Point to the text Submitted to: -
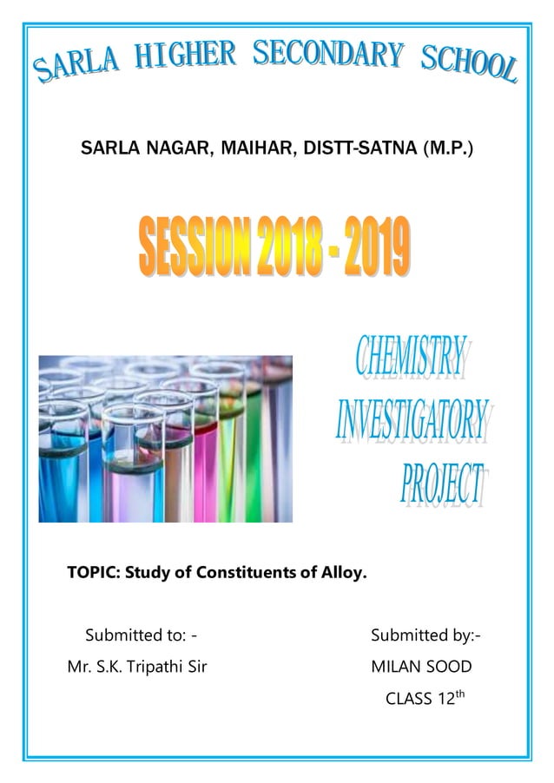[147, 635]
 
